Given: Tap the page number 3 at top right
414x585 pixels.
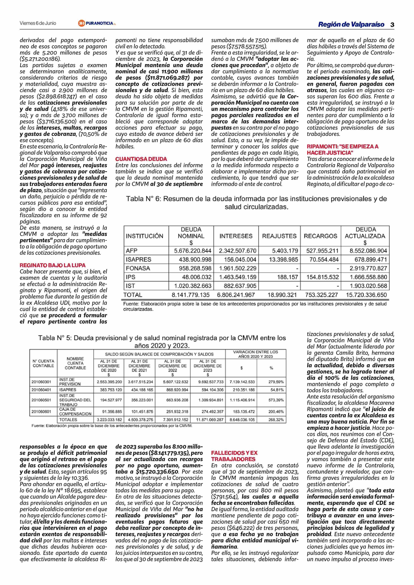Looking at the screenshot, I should click(x=392, y=25).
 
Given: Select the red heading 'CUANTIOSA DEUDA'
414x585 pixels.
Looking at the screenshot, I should click(x=141, y=159).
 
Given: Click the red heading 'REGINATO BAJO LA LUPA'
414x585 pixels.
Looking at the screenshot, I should click(x=53, y=265).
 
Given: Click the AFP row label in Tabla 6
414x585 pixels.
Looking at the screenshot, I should click(x=132, y=251).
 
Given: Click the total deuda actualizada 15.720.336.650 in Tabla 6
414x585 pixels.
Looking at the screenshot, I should click(x=366, y=295).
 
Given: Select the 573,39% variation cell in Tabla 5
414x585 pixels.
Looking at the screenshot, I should click(x=276, y=400).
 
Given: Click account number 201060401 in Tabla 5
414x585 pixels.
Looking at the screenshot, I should click(x=41, y=390).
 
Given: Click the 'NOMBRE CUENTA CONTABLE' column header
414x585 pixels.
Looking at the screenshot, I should click(x=75, y=363).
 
